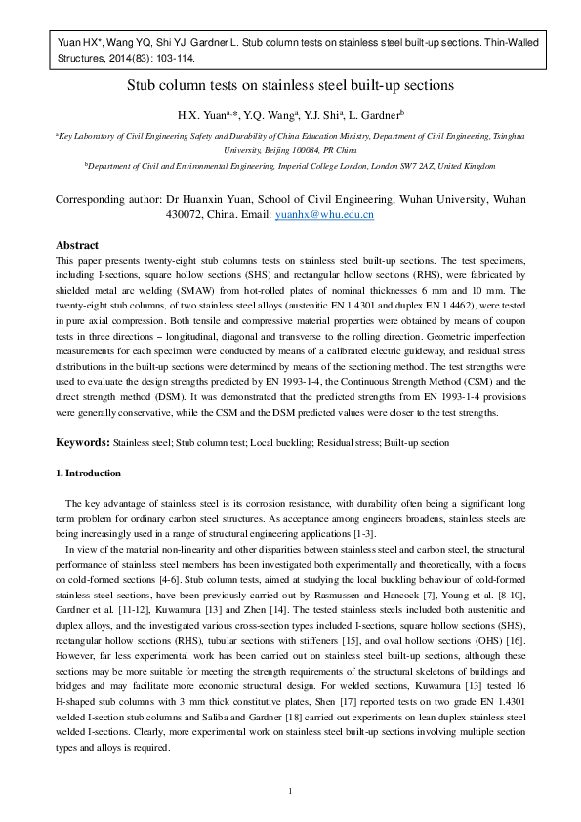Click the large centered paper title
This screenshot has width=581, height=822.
click(x=290, y=86)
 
